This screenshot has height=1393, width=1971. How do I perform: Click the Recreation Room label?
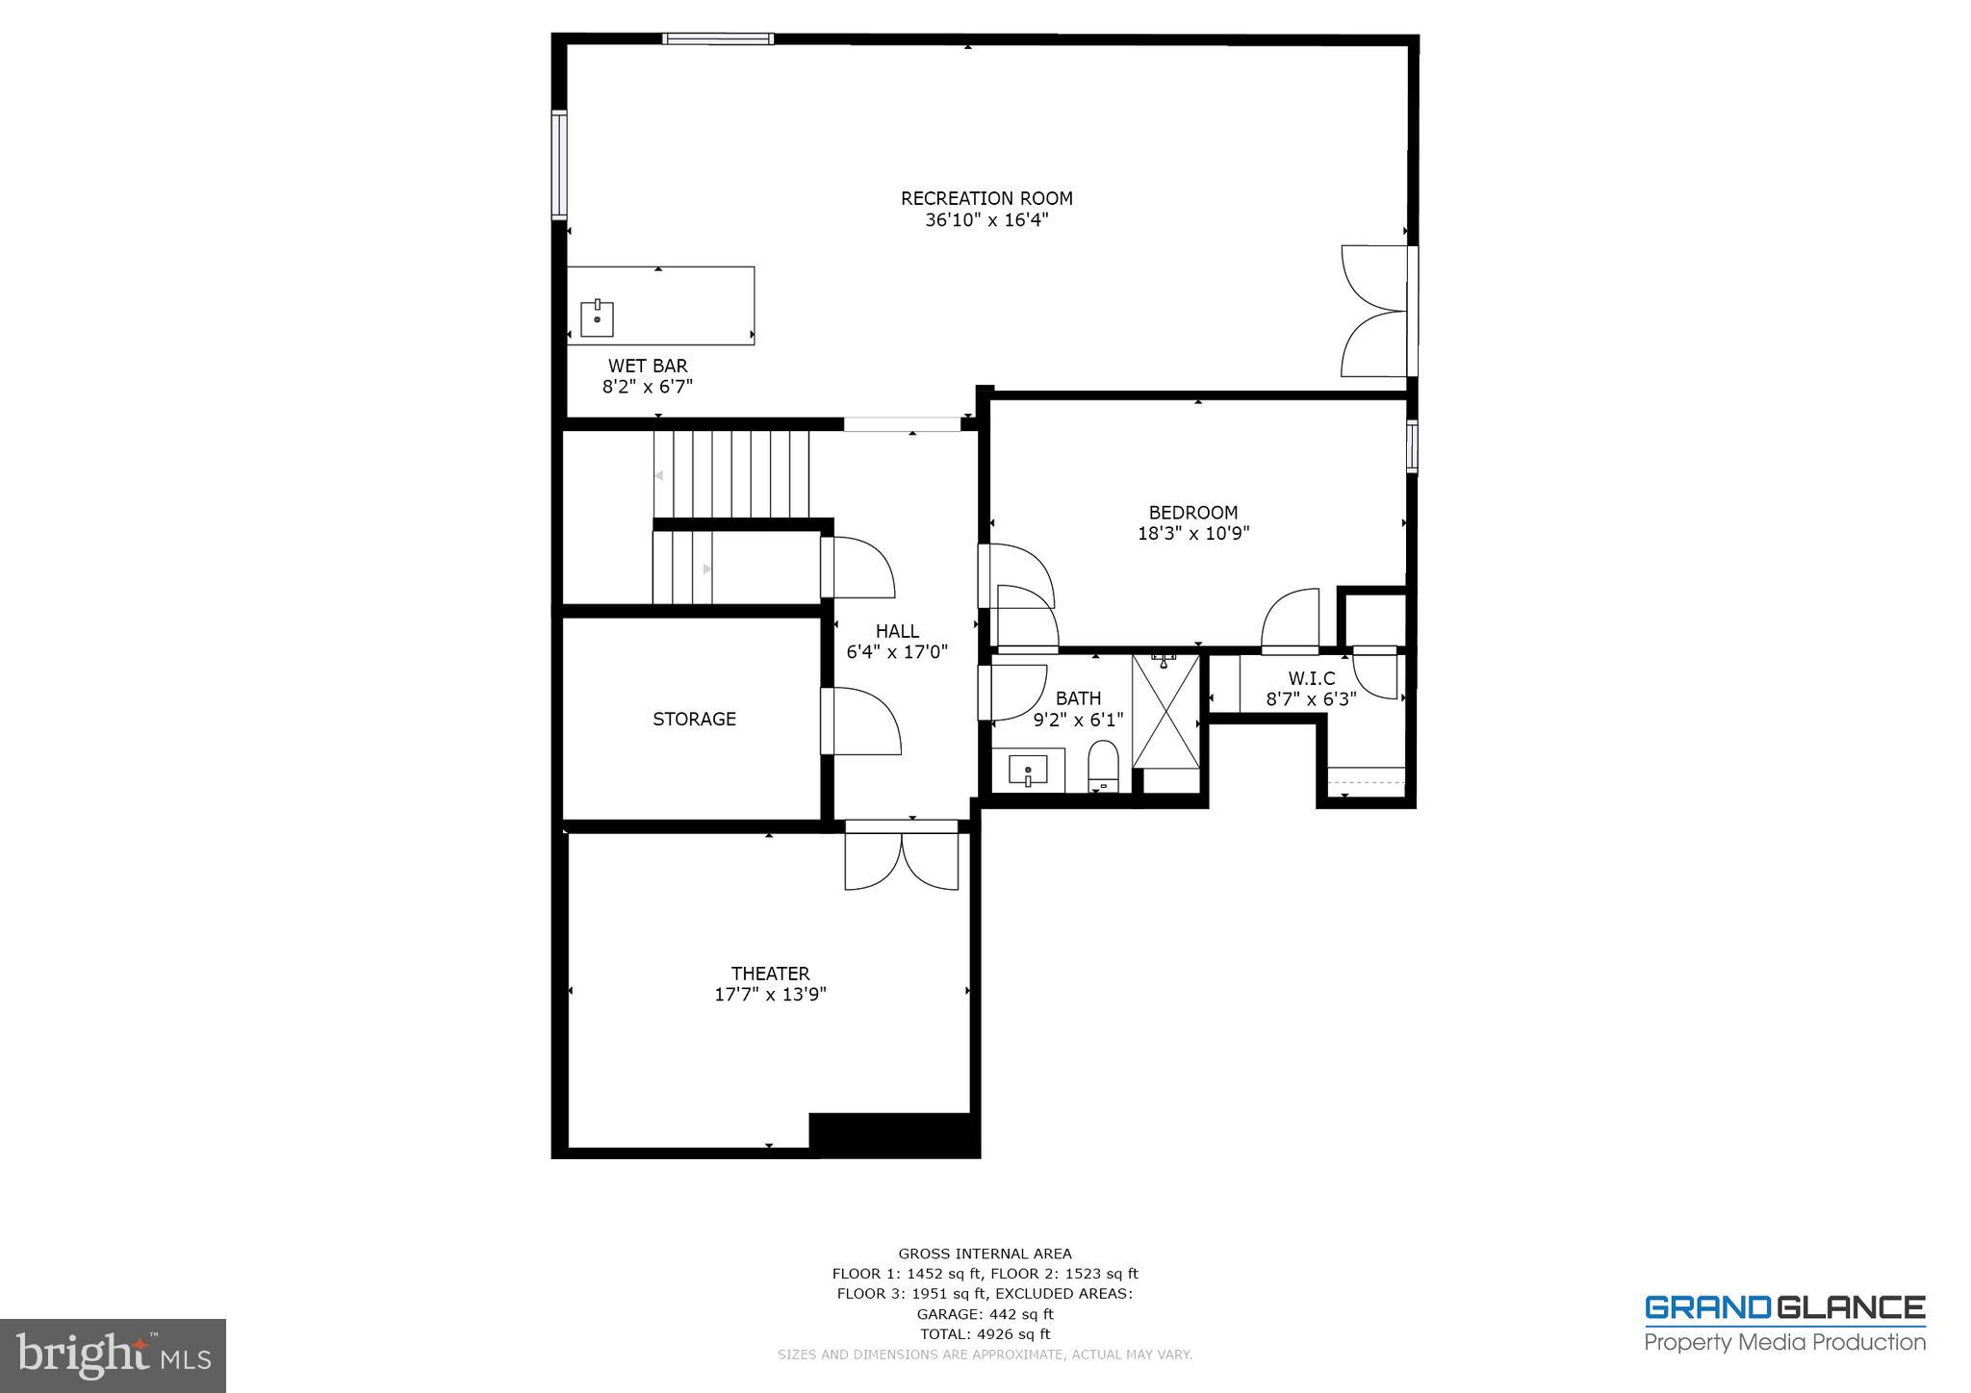click(985, 198)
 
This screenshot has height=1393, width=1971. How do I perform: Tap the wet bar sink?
click(597, 318)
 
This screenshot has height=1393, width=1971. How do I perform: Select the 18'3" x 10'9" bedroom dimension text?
click(1193, 533)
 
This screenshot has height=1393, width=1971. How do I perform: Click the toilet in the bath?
click(1103, 765)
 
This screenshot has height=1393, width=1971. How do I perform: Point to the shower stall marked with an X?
click(1165, 712)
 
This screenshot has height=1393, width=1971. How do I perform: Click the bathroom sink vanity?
click(1028, 771)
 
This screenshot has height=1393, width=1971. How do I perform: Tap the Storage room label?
click(694, 719)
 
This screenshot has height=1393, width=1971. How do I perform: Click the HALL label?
click(897, 631)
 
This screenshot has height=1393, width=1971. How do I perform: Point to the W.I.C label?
click(1311, 678)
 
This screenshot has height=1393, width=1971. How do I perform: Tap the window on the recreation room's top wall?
click(717, 38)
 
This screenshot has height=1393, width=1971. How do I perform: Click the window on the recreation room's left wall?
click(558, 165)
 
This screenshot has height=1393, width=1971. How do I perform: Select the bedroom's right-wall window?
click(1412, 445)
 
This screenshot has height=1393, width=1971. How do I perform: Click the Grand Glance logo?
click(1784, 1323)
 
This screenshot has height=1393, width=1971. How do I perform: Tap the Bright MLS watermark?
click(113, 1355)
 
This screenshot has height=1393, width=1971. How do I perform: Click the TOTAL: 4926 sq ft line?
click(985, 1334)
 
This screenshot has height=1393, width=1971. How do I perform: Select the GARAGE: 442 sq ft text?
click(985, 1314)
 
